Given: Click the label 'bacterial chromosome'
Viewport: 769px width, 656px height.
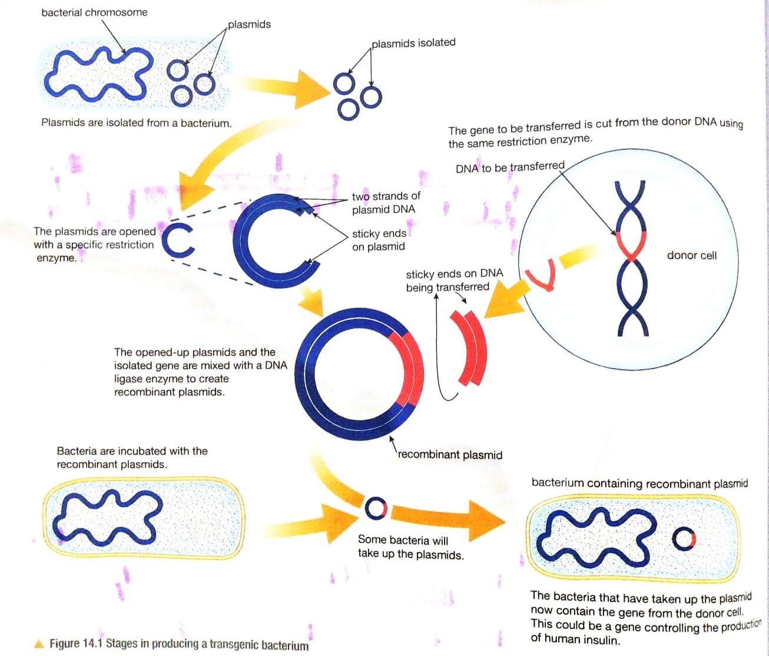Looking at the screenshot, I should pos(94,12).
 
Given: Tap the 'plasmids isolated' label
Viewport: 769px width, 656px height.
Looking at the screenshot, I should pos(413,42).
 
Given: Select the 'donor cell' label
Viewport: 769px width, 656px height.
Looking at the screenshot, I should pos(691,255).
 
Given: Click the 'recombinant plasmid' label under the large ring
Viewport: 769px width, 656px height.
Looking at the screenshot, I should pos(450,455).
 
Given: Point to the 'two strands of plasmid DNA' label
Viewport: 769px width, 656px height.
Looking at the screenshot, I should pos(386,203).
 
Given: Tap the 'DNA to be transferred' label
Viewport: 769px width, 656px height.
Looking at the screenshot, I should pos(510,167).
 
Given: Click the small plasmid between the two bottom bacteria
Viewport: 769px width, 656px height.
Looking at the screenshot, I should pos(376,508).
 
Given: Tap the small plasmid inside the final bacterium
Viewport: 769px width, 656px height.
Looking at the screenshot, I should pos(684,538).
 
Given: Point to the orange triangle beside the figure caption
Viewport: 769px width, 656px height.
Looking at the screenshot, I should pos(39,644).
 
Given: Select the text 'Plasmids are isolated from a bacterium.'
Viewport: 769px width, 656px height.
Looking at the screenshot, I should pos(137,122).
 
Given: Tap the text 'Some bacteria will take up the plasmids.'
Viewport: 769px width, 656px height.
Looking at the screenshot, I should pos(410,547).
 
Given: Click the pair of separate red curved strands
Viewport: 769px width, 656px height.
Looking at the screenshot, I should pos(470,347).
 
